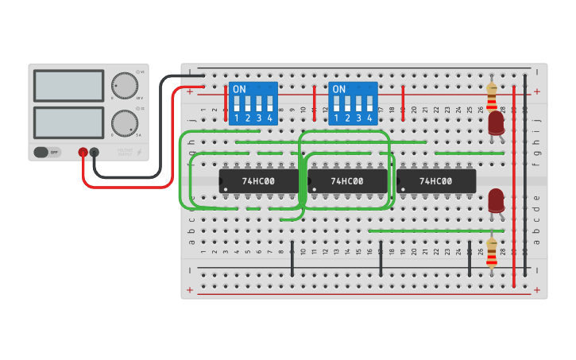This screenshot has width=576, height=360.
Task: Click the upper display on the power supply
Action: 68,86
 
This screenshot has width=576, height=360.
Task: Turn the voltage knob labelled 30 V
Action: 124,85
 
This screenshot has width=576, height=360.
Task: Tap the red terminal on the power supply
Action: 83,152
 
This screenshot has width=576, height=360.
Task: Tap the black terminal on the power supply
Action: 95,152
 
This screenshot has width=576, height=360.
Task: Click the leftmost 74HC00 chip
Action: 258,181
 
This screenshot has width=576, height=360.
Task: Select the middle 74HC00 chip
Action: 347,181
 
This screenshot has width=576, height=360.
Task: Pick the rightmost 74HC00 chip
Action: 436,181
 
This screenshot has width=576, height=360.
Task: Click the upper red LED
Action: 496,122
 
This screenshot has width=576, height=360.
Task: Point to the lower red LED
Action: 496,200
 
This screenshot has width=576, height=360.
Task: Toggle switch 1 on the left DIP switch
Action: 237,104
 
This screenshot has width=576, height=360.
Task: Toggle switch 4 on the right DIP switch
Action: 370,104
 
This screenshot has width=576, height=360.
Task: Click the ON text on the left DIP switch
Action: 239,89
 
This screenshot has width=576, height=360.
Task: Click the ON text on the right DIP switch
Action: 339,89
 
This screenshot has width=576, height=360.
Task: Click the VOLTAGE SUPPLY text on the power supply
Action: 126,151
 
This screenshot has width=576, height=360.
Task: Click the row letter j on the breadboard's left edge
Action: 191,120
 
